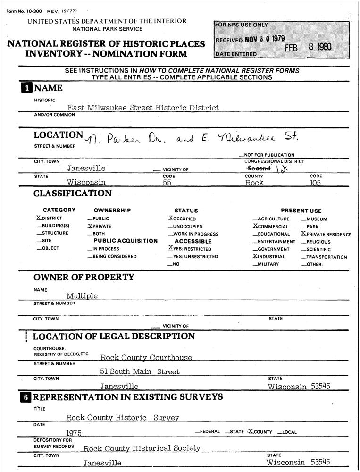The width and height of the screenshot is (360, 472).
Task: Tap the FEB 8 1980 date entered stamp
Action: (308, 47)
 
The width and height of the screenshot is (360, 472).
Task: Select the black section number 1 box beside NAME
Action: (25, 88)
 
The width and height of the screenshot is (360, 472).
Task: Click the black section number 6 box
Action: (25, 397)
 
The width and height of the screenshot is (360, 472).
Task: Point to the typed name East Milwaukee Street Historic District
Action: (143, 108)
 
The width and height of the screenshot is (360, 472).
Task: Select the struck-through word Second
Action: (259, 168)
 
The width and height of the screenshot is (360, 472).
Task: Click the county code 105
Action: (315, 183)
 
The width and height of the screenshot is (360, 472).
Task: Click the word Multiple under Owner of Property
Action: (82, 296)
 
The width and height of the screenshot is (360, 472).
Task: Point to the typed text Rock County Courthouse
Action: (146, 358)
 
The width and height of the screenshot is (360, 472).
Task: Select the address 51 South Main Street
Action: (140, 372)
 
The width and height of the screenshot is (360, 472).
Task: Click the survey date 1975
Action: (74, 433)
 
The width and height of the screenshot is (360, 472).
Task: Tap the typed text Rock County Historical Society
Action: (142, 448)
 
